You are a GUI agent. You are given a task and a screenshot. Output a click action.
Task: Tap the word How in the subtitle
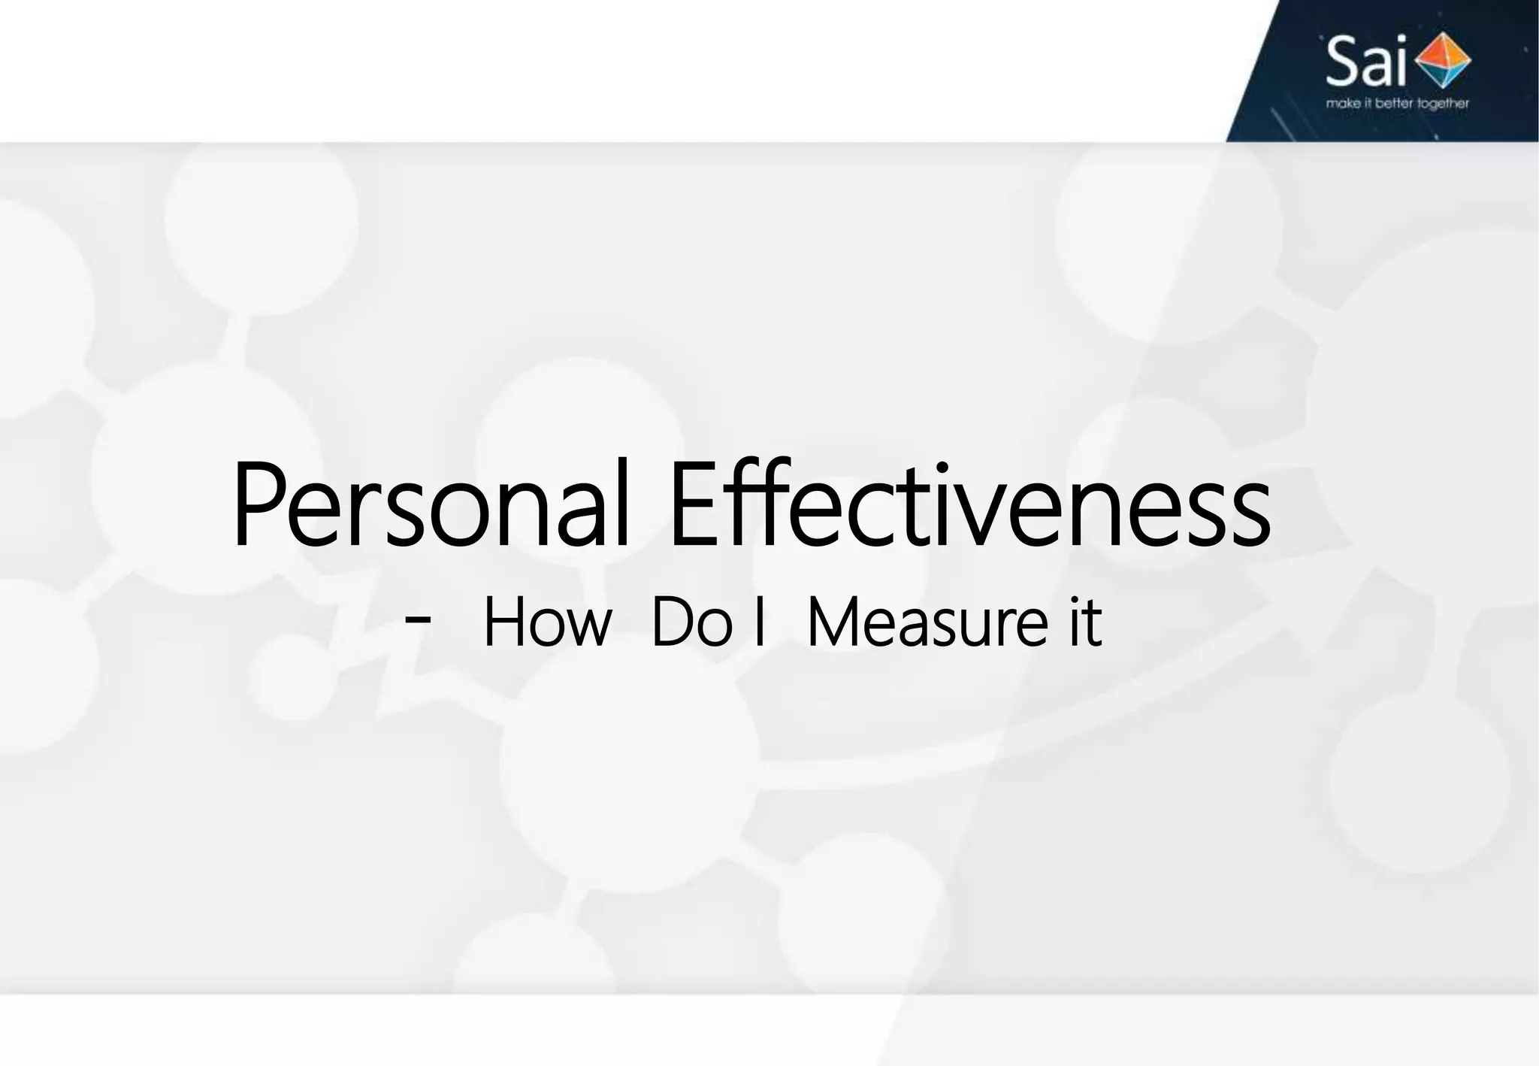pyautogui.click(x=546, y=622)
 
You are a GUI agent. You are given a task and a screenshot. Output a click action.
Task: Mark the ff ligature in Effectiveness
pyautogui.click(x=759, y=502)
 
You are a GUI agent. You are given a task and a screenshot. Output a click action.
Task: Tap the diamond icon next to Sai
pyautogui.click(x=1441, y=60)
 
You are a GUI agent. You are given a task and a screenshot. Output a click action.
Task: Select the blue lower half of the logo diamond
pyautogui.click(x=1443, y=74)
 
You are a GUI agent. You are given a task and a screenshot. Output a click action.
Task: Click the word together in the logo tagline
pyautogui.click(x=1443, y=104)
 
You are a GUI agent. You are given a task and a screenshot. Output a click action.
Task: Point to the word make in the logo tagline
pyautogui.click(x=1342, y=103)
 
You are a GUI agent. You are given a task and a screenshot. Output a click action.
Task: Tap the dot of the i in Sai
pyautogui.click(x=1398, y=41)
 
